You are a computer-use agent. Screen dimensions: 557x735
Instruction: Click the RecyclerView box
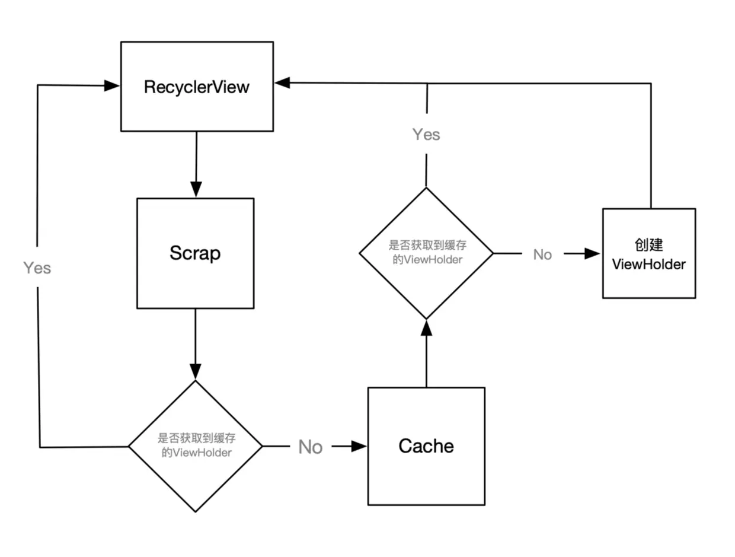click(x=197, y=87)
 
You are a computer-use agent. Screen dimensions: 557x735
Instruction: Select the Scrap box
click(x=195, y=253)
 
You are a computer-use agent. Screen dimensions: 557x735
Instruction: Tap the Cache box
click(x=426, y=446)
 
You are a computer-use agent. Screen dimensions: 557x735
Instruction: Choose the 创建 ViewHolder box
click(x=649, y=253)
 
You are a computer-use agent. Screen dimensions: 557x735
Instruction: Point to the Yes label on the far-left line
click(x=37, y=268)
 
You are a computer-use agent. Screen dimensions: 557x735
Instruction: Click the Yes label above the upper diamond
click(x=426, y=135)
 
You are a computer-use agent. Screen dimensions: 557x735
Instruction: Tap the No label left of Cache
click(x=310, y=447)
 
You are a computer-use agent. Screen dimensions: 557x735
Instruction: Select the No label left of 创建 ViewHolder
click(x=542, y=254)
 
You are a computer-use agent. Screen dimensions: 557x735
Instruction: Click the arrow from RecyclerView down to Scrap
click(x=196, y=163)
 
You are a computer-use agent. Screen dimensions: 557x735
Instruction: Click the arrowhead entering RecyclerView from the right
click(x=282, y=83)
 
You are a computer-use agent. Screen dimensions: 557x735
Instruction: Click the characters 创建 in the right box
click(x=648, y=245)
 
